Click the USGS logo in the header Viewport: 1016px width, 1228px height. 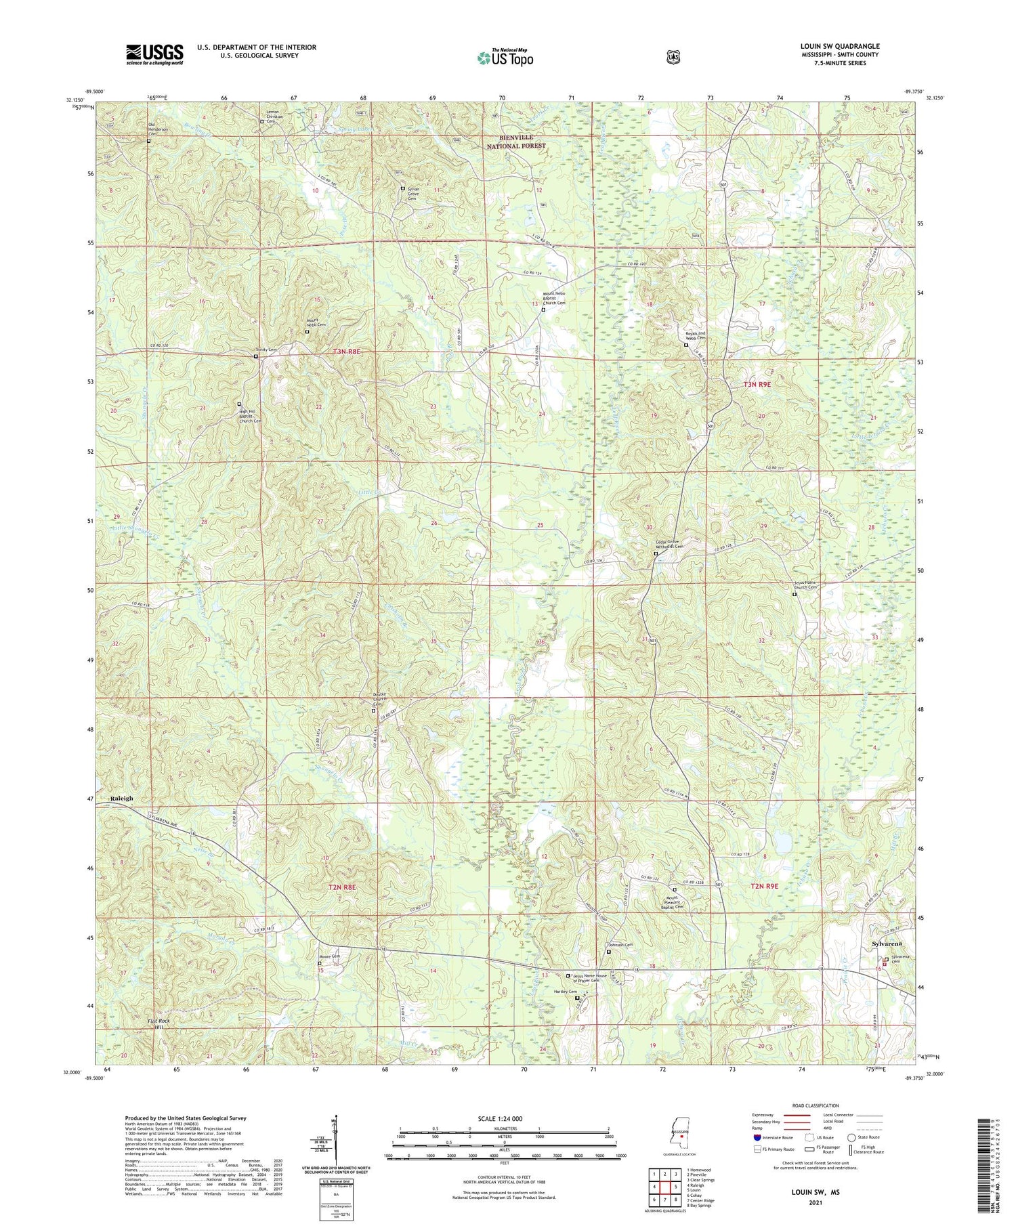click(x=154, y=54)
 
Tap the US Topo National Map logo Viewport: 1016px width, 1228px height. click(x=505, y=58)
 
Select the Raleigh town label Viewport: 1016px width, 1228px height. click(x=121, y=798)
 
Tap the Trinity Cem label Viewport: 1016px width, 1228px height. click(x=266, y=350)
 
